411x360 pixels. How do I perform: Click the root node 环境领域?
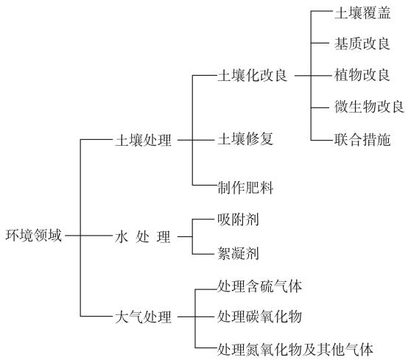(x=34, y=236)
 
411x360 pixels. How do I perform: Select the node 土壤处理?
(x=144, y=140)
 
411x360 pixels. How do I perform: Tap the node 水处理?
(x=143, y=237)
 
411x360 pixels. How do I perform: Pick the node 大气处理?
(x=144, y=317)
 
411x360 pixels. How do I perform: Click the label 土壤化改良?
(x=253, y=76)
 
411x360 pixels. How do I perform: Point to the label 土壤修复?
(x=245, y=139)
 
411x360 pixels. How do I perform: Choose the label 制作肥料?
(x=245, y=188)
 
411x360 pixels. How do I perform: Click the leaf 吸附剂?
(x=238, y=219)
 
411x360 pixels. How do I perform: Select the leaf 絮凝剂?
(x=238, y=253)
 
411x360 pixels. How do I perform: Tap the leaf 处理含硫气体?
(x=259, y=286)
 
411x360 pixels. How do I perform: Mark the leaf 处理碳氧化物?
(x=259, y=317)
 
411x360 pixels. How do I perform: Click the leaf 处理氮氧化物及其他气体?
(x=295, y=350)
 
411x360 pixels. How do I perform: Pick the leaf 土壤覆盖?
(x=362, y=13)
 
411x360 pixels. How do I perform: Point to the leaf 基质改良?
(x=362, y=43)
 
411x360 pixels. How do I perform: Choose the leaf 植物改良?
(x=362, y=75)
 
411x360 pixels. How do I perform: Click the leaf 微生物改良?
(x=369, y=107)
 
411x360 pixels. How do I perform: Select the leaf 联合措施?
(x=362, y=139)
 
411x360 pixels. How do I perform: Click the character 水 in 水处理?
(x=122, y=237)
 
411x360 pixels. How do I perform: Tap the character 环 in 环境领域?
(x=13, y=236)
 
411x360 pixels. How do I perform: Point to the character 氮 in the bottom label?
(x=253, y=350)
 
